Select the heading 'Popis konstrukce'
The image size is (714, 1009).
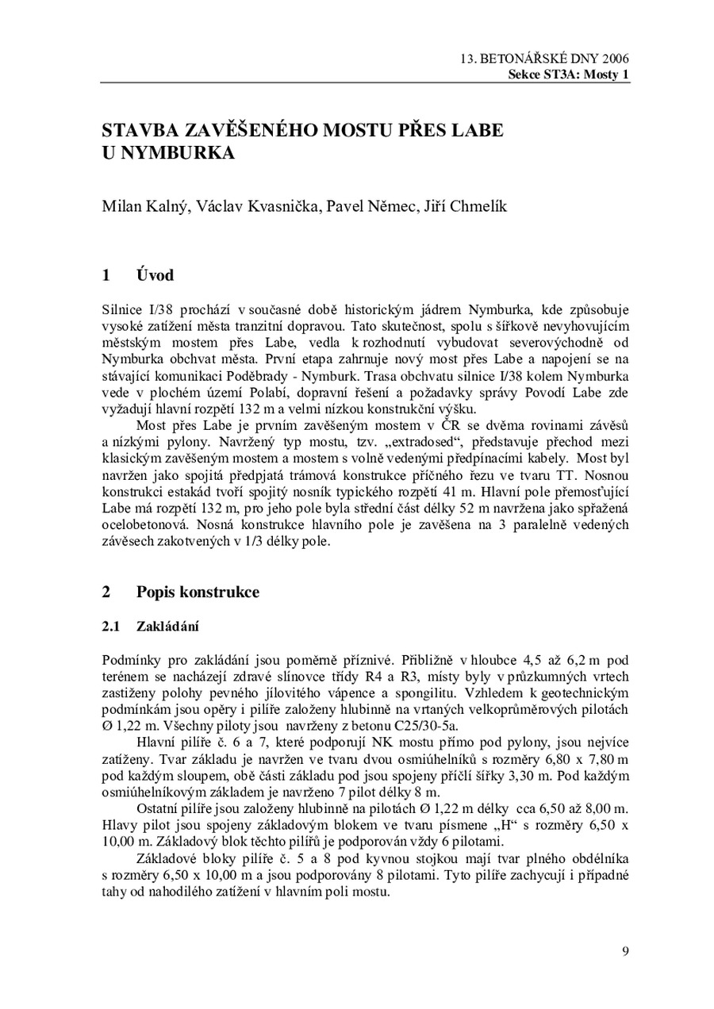198,592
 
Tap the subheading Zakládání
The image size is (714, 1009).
167,627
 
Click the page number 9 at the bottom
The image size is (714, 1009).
625,952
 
